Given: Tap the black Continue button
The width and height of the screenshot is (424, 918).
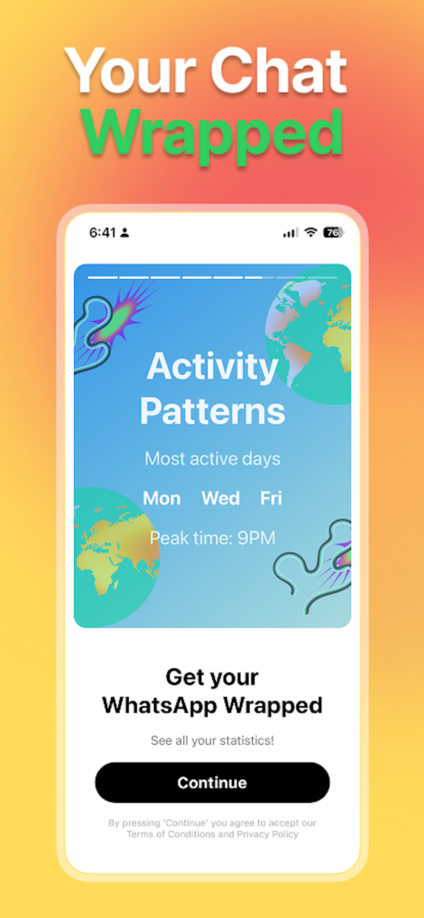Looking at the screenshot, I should pyautogui.click(x=212, y=782).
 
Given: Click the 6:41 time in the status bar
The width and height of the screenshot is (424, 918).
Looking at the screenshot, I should pyautogui.click(x=102, y=233).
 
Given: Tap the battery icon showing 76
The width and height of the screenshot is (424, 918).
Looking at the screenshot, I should pyautogui.click(x=333, y=233).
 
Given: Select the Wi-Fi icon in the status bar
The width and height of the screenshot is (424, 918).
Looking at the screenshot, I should pyautogui.click(x=311, y=232).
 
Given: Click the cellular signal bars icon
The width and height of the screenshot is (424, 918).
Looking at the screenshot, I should pyautogui.click(x=291, y=233).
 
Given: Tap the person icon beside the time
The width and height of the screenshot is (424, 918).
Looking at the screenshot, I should pyautogui.click(x=124, y=233).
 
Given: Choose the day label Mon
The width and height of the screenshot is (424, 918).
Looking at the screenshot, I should pyautogui.click(x=162, y=498).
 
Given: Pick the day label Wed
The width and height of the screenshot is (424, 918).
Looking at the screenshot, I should pyautogui.click(x=221, y=498).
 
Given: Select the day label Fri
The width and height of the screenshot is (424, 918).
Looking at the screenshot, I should pyautogui.click(x=271, y=498).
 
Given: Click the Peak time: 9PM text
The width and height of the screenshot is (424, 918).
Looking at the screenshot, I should pyautogui.click(x=212, y=538).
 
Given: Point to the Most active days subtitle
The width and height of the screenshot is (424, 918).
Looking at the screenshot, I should pyautogui.click(x=212, y=459).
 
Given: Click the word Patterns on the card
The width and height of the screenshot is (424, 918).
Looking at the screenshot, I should pyautogui.click(x=212, y=412).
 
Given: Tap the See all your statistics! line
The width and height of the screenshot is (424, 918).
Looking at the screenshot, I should pyautogui.click(x=212, y=740).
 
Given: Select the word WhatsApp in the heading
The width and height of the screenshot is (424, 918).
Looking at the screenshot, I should pyautogui.click(x=159, y=705).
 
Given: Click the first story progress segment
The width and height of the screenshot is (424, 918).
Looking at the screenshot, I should pyautogui.click(x=103, y=277).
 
